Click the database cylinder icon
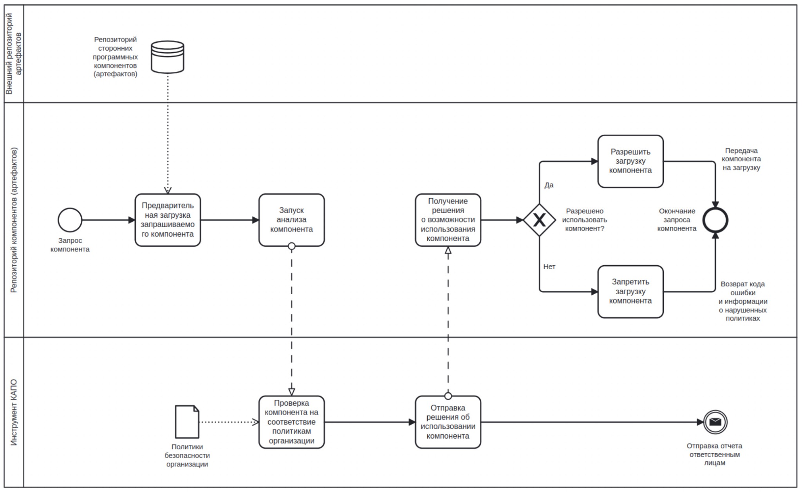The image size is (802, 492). point(168,57)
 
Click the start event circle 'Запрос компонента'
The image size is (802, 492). point(70,220)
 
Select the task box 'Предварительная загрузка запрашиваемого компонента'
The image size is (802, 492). point(168,220)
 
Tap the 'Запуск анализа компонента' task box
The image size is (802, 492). point(292,220)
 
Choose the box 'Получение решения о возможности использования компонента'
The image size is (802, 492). point(448,220)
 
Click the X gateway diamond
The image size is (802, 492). point(539,220)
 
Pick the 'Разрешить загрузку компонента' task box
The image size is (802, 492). point(630,161)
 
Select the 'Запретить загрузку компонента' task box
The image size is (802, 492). point(630,292)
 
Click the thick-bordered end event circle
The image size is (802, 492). point(715,220)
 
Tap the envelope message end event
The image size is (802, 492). point(715,422)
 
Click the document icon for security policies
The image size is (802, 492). point(187,422)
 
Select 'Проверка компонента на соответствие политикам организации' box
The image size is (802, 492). point(292,422)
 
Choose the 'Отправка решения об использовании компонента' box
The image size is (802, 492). point(448,422)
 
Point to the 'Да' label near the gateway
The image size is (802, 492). point(549,185)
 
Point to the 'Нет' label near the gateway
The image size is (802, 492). point(549,267)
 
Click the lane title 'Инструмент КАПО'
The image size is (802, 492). point(14,412)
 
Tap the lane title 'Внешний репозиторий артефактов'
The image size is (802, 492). point(14,54)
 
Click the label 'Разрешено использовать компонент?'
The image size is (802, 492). point(585,220)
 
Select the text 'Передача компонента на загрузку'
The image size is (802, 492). point(741,159)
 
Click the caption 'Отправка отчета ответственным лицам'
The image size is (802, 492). point(715,454)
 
